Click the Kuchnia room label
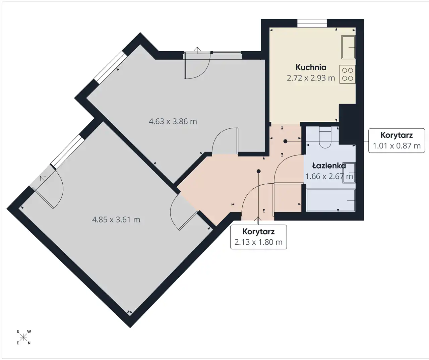(x=311, y=67)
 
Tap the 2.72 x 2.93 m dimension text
(x=311, y=78)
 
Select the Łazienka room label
(x=329, y=166)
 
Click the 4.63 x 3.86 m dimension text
(x=173, y=121)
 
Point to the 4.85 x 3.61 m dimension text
(x=116, y=220)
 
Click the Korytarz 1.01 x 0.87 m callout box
(x=396, y=140)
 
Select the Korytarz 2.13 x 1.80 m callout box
(x=258, y=237)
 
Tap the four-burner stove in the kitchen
(x=348, y=74)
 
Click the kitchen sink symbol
(x=349, y=47)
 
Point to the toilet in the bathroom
(x=325, y=137)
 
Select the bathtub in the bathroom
(x=330, y=200)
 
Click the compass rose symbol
(x=23, y=337)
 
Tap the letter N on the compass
(x=29, y=343)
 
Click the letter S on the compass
(x=18, y=332)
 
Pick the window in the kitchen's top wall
(x=312, y=23)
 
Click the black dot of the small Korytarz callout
(x=285, y=141)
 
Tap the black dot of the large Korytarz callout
(x=258, y=171)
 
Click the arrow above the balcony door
(x=197, y=50)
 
